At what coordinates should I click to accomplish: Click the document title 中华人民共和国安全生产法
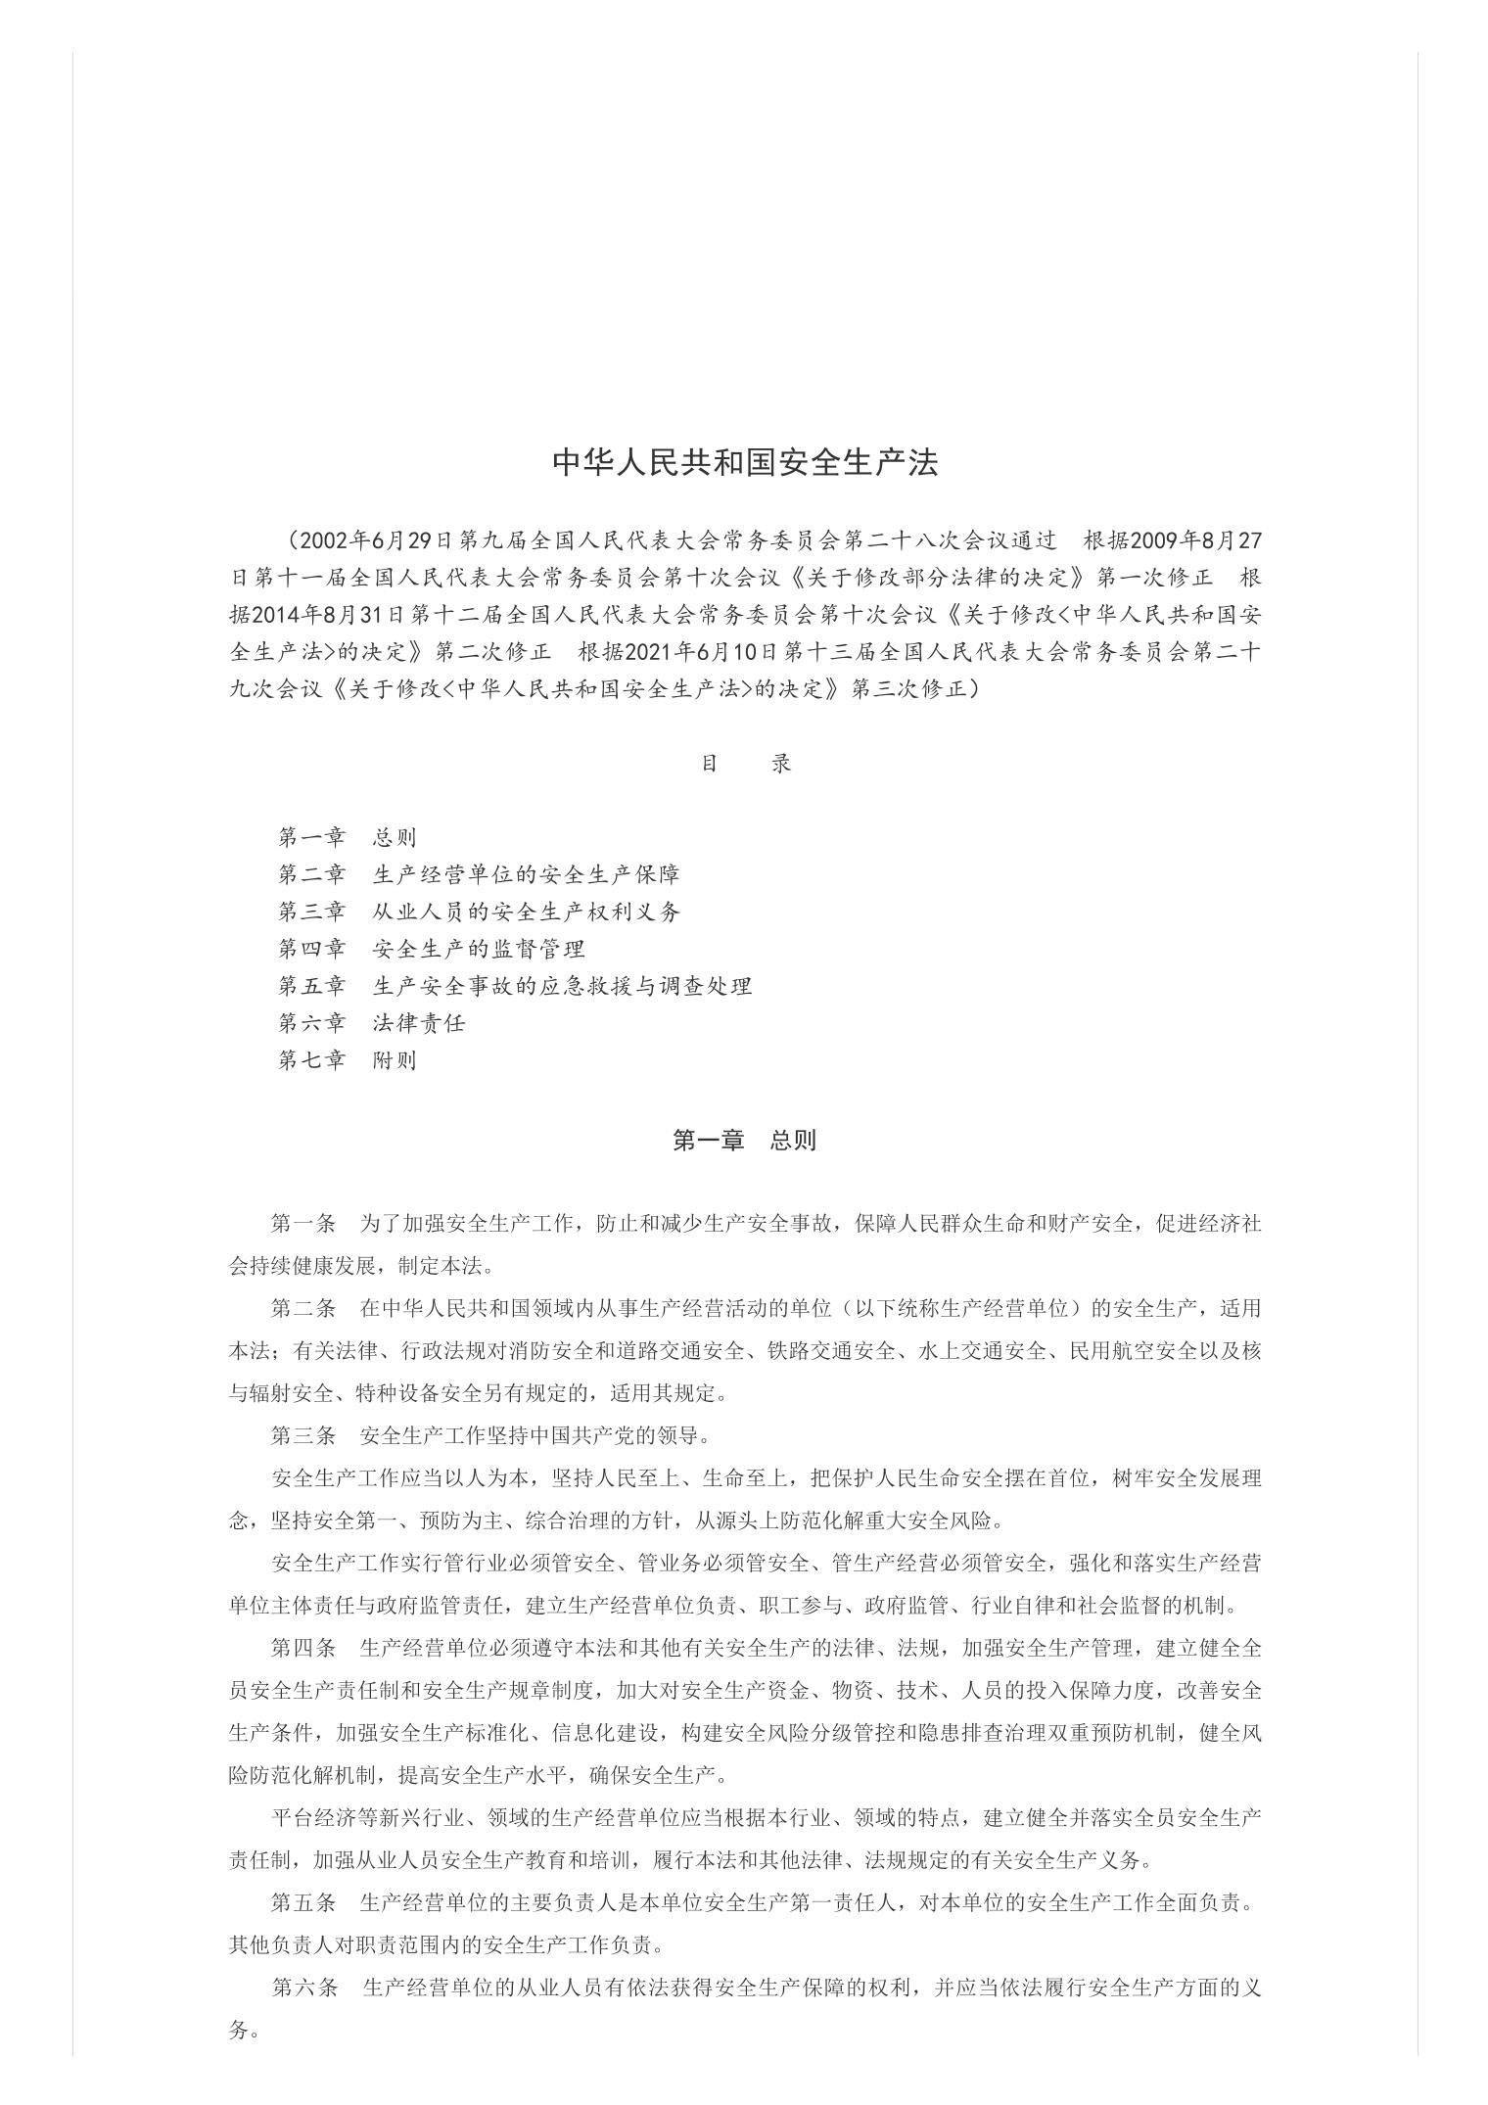click(x=745, y=463)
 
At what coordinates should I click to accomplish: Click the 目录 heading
click(x=745, y=764)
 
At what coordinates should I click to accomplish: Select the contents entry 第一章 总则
click(x=348, y=837)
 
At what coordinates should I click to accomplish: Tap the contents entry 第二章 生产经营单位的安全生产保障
click(x=479, y=874)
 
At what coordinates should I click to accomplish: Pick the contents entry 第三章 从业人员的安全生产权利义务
click(x=479, y=912)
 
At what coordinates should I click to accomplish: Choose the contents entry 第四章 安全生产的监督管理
click(x=431, y=949)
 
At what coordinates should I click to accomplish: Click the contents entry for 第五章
click(x=515, y=986)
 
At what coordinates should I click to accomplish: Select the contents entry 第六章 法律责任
click(x=371, y=1023)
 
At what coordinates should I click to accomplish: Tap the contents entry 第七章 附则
click(x=348, y=1060)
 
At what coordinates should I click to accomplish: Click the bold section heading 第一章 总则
click(x=744, y=1141)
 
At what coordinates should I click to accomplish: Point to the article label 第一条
click(x=303, y=1224)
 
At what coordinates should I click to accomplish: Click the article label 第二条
click(x=303, y=1308)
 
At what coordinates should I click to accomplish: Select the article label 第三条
click(x=303, y=1435)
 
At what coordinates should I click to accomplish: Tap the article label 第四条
click(x=303, y=1648)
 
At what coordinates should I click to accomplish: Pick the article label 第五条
click(x=303, y=1902)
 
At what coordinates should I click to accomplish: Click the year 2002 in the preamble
click(x=324, y=539)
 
